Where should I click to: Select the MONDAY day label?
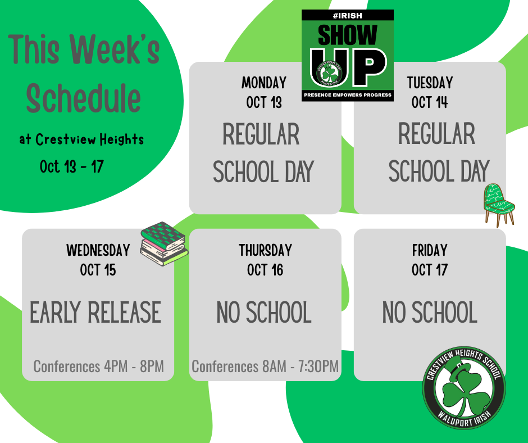(264, 83)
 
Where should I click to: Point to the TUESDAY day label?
(430, 83)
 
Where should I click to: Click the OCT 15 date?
(98, 270)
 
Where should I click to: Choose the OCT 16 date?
(265, 270)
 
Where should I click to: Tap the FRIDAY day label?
(430, 250)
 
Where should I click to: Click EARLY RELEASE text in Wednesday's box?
(95, 313)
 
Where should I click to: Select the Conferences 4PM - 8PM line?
(98, 367)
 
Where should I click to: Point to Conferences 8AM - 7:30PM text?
(265, 367)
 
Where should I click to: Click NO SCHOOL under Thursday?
(264, 313)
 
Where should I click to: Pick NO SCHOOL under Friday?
(430, 313)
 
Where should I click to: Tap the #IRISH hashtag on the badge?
(347, 16)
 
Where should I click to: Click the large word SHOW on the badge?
(347, 35)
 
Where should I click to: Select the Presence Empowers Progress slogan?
(347, 95)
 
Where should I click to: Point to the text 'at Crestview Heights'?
(81, 139)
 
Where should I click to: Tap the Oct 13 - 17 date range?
(71, 166)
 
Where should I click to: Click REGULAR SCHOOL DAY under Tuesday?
(438, 153)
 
